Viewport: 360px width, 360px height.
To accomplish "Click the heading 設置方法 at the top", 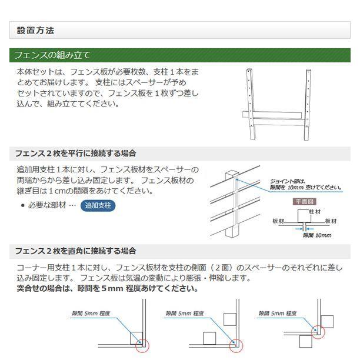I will (x=36, y=30).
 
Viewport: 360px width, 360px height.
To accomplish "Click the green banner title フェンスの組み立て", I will (x=52, y=56).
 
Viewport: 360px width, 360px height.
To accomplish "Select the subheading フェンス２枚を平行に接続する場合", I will (x=76, y=153).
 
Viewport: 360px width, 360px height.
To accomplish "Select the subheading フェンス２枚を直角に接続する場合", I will (x=76, y=251).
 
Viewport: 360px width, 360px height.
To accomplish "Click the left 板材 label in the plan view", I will (x=279, y=221).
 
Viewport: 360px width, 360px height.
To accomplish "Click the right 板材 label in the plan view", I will (x=331, y=221).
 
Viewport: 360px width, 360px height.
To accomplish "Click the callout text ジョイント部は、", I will (x=288, y=181).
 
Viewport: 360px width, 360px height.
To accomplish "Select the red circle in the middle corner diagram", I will (x=238, y=345).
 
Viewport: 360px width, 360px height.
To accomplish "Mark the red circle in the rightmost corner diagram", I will (x=319, y=331).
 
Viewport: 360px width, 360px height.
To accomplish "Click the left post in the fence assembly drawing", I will (x=251, y=106).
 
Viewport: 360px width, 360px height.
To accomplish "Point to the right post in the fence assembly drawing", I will (x=307, y=106).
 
